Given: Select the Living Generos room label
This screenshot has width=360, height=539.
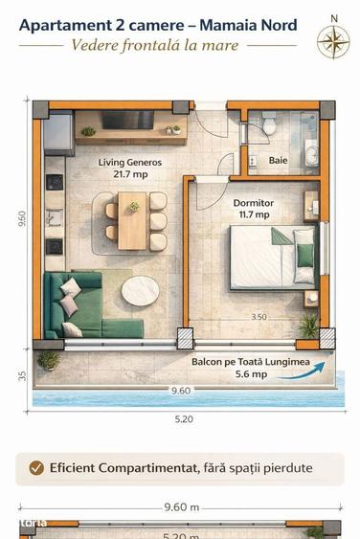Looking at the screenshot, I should (130, 163).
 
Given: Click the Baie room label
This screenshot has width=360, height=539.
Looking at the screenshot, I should (278, 160).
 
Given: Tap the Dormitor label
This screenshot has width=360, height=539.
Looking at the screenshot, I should (254, 203).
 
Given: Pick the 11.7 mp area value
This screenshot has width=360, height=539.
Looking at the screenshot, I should (253, 215).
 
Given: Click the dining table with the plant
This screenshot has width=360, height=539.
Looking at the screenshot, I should (133, 219).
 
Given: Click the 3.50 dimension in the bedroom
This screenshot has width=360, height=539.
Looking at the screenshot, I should (259, 316).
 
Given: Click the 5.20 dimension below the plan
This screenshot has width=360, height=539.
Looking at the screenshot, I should (184, 418).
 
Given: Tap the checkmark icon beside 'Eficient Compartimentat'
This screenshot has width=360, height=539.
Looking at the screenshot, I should (36, 468).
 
